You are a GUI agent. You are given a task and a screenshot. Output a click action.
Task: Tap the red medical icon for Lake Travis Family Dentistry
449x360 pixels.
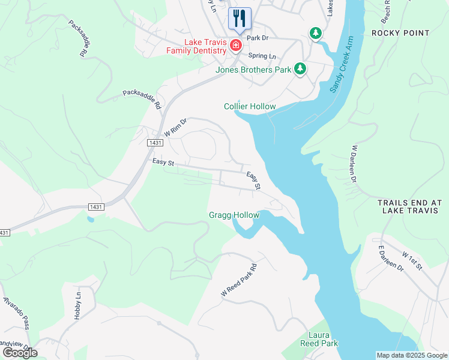point(236,46)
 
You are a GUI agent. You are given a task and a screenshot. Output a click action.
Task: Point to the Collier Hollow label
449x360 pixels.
point(250,107)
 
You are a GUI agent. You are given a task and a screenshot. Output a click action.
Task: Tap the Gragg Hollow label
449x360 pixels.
point(234,215)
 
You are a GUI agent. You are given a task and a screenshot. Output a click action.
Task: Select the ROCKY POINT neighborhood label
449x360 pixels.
point(400,33)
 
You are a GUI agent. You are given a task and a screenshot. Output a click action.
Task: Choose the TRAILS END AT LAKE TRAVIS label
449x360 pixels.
point(410,208)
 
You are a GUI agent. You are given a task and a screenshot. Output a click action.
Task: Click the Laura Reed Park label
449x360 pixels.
point(319,338)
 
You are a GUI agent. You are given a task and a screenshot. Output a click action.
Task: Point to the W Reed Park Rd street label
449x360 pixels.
point(239,280)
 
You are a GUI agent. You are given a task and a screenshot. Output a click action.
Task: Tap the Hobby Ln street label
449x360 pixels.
point(77,306)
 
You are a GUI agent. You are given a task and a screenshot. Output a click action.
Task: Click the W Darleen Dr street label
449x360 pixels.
point(354,163)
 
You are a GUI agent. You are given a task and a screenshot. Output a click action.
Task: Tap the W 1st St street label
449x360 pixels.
point(412,261)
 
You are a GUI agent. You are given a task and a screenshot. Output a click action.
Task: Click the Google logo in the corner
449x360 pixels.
point(20,352)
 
